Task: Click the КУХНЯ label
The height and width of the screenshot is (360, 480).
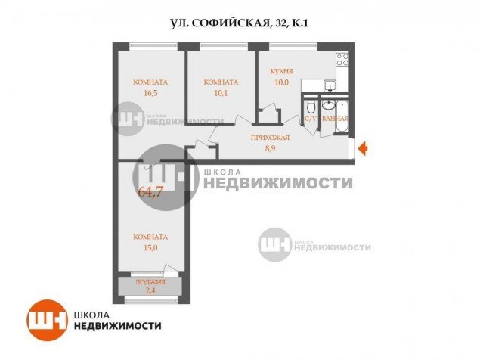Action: pos(281,72)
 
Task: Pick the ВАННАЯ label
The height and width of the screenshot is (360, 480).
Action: pos(335,119)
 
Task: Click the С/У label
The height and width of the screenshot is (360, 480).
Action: pos(310,119)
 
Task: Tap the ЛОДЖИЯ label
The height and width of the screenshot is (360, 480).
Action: pos(150,282)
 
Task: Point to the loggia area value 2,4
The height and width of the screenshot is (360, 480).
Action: pos(150,291)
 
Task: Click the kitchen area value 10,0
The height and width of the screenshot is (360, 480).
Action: pos(281,82)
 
